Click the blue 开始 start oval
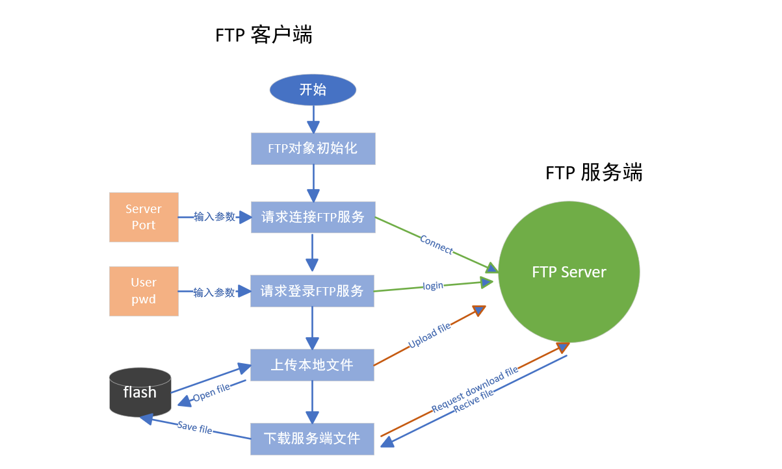(313, 90)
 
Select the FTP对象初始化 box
(313, 149)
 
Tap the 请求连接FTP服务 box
(313, 217)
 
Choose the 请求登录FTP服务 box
(313, 291)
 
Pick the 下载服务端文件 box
(313, 438)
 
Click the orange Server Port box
(144, 217)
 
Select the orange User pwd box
(144, 291)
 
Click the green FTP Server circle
(569, 272)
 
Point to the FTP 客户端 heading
(264, 35)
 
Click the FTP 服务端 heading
(593, 173)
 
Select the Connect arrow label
(436, 245)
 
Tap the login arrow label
(433, 286)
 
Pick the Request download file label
(475, 389)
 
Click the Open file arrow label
(212, 392)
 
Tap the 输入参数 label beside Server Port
(215, 217)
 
